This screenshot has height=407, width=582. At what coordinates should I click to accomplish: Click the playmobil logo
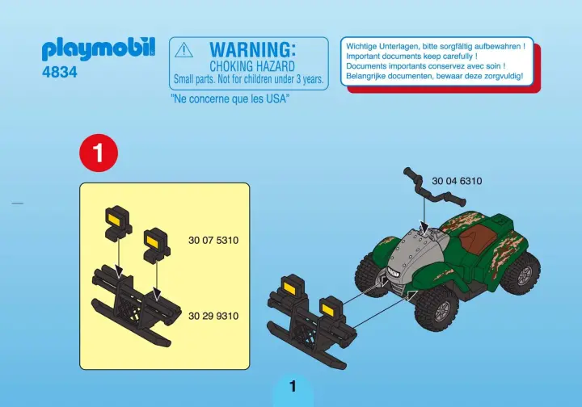(x=99, y=49)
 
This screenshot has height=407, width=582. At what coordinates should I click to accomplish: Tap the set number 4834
(x=60, y=73)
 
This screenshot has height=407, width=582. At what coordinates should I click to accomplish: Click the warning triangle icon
(x=183, y=50)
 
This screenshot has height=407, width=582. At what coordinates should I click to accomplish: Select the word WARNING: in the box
(x=252, y=50)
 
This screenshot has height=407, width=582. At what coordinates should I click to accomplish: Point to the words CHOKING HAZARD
(x=252, y=67)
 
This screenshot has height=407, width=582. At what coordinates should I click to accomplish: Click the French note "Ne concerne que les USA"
(x=230, y=99)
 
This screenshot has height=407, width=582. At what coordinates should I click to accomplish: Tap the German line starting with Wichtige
(x=436, y=47)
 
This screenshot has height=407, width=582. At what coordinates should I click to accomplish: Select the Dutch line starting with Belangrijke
(x=434, y=76)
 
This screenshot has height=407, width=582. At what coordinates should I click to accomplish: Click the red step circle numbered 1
(x=99, y=153)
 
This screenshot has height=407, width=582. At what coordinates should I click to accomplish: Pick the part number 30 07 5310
(x=213, y=241)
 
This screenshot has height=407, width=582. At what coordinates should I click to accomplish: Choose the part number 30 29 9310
(x=213, y=317)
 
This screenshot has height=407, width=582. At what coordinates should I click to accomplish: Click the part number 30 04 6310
(x=457, y=181)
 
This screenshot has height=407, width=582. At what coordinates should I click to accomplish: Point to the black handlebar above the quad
(x=434, y=187)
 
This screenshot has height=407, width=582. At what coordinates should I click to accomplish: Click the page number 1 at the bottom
(x=293, y=387)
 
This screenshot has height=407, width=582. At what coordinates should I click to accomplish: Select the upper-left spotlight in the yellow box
(x=118, y=221)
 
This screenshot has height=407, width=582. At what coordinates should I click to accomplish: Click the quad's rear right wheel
(x=521, y=274)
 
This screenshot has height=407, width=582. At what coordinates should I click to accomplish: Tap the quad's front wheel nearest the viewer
(x=436, y=308)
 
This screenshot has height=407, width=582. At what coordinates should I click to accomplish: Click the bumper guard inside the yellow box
(x=137, y=307)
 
